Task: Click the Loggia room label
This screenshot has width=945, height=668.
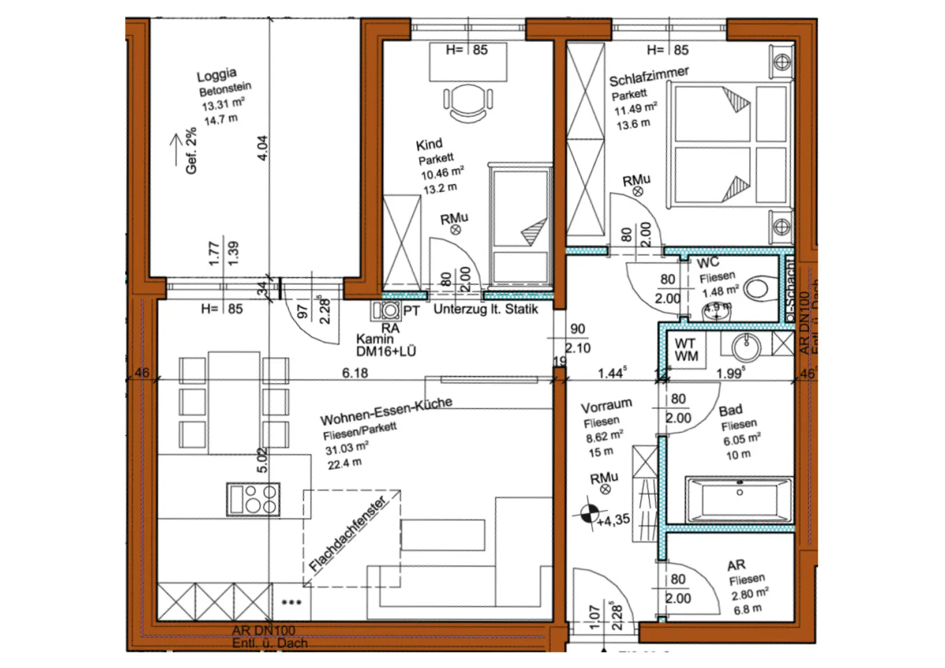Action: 216,75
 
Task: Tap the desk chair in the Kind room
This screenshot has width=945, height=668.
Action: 468,102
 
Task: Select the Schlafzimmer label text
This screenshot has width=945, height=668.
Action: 648,76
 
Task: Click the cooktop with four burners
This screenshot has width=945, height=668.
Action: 253,499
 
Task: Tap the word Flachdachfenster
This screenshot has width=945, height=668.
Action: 348,534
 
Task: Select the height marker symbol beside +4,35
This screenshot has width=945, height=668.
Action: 589,512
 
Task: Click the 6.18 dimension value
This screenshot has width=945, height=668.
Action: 355,373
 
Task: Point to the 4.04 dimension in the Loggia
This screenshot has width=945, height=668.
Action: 263,148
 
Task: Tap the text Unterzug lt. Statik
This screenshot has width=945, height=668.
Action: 485,309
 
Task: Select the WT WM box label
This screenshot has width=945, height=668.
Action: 686,350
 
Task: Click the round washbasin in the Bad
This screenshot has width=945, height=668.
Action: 746,347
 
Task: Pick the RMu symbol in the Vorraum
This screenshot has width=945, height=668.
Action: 605,489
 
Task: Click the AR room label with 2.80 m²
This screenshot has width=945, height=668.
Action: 736,565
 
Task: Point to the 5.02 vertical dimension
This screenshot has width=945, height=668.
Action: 263,460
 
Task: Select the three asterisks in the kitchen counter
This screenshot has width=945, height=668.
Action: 291,602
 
